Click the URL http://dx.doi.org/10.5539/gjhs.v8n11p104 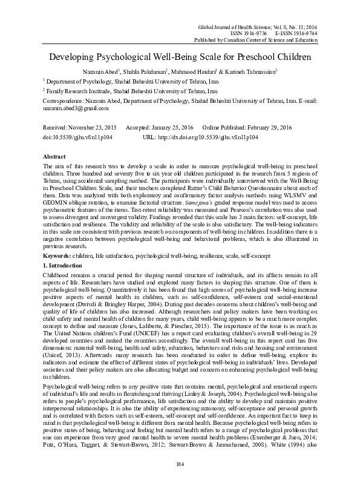point(209,137)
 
